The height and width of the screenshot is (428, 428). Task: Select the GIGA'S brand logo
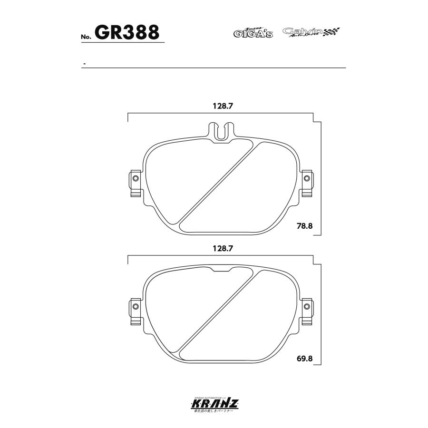[x=253, y=33]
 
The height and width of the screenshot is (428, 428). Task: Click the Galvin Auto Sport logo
[x=304, y=32]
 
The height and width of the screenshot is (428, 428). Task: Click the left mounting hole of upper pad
[x=136, y=179]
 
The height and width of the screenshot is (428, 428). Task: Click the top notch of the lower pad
[x=222, y=270]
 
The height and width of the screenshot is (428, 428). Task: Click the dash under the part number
[x=84, y=64]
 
